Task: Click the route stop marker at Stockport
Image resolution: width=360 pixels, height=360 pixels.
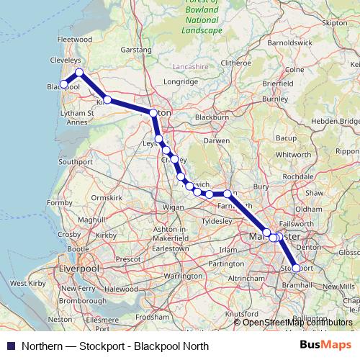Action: point(296,268)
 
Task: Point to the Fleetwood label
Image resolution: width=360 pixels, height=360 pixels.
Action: point(75,39)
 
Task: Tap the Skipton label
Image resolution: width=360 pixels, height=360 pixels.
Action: point(335,23)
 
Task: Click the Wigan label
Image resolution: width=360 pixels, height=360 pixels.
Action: point(174,207)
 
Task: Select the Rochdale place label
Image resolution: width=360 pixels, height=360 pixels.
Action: point(298,176)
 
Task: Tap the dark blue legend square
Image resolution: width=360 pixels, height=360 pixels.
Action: point(10,346)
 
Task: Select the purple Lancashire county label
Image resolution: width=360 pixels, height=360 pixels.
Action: point(190,67)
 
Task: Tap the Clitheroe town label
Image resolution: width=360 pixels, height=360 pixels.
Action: point(236,63)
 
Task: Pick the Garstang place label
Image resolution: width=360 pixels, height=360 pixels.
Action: point(137,50)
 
